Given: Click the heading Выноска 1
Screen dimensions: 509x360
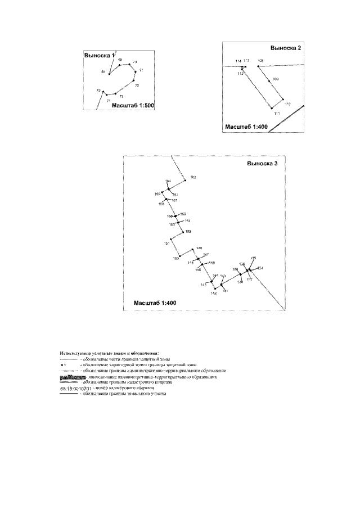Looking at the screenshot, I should pos(99,56).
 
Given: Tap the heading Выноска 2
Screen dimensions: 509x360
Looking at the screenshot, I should pos(286,48).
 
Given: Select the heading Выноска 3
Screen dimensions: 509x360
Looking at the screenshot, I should pos(262,164).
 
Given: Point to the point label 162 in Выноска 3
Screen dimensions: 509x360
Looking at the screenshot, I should pos(193,177).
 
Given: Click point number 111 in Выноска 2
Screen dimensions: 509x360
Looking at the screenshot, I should pos(277,114).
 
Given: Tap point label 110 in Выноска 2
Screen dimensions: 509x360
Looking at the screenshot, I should pos(287,104).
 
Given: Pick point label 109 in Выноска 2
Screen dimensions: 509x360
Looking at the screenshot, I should pos(275,79).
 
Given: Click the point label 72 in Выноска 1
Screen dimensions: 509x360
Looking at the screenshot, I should pos(137,85).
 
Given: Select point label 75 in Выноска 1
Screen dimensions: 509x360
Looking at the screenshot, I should pos(98,90).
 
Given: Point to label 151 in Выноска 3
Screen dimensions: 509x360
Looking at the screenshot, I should pos(166,243).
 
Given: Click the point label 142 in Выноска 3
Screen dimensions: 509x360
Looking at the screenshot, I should pos(214,293).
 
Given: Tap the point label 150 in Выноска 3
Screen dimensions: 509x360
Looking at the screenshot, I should pos(175,258).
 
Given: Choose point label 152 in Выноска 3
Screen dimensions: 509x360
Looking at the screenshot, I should pos(188,232).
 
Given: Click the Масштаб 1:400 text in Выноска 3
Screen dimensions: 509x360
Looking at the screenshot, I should pos(155,303).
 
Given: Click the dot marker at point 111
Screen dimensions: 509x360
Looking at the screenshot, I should pos(272,108).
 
